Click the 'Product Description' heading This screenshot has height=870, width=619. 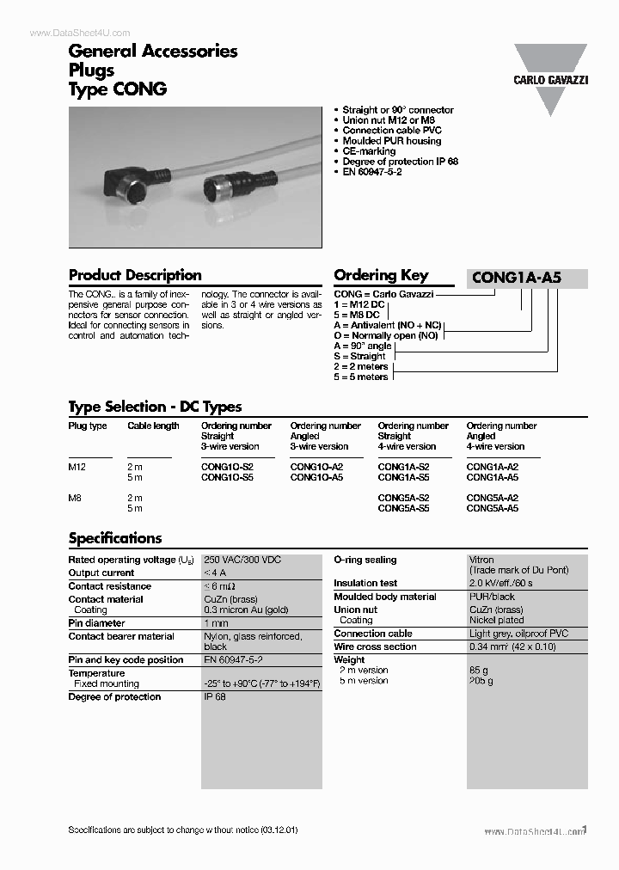point(135,275)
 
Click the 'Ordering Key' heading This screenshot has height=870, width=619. point(380,275)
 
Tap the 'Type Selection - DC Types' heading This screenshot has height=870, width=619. point(155,407)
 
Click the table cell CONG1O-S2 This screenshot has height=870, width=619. point(227,467)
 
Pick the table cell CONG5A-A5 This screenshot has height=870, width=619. point(492,508)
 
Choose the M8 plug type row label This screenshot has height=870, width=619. point(77,498)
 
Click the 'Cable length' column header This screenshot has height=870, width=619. point(153,426)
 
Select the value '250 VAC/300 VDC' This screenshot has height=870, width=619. point(242,560)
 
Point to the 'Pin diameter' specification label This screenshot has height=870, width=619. point(96,622)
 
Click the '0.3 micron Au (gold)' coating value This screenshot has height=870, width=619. point(246,610)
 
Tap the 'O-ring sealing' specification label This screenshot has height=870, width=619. point(365,560)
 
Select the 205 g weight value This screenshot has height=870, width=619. point(481,680)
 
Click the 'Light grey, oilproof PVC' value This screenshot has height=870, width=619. point(518,634)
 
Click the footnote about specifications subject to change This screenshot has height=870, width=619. point(183,831)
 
